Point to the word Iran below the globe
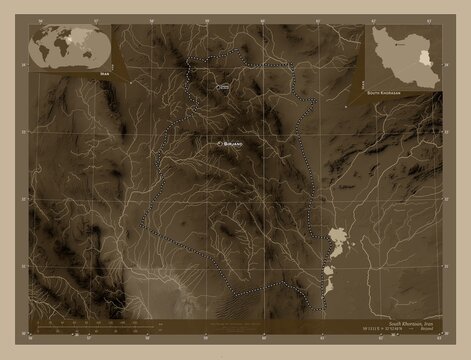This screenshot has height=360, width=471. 104,74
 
